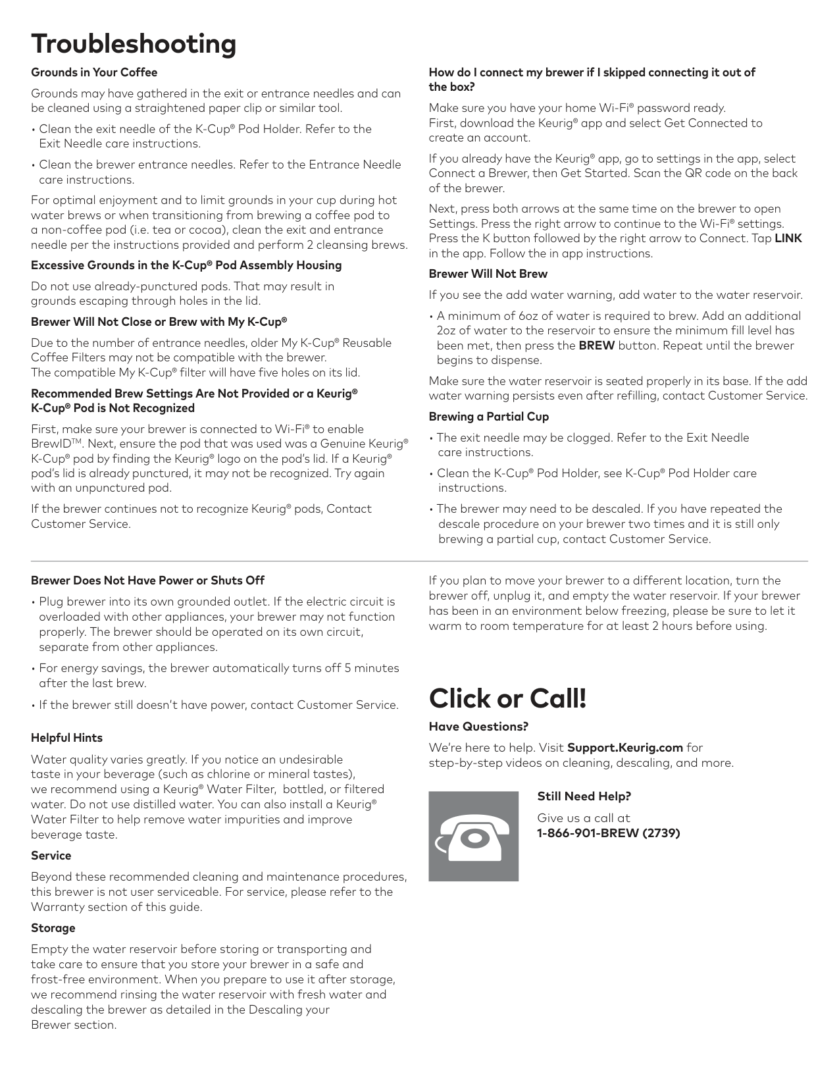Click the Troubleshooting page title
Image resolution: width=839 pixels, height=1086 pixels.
134,44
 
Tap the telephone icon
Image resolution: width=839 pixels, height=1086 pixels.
473,836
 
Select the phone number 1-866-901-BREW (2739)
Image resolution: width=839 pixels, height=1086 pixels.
608,833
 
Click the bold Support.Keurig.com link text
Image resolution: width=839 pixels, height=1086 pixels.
624,748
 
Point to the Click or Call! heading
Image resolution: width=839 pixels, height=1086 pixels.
507,698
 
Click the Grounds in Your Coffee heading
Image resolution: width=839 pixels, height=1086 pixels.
94,72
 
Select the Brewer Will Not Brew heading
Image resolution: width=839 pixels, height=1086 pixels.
488,274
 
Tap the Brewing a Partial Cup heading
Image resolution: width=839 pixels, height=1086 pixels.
488,417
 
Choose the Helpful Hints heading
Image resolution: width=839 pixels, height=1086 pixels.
66,738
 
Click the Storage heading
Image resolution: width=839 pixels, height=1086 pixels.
53,928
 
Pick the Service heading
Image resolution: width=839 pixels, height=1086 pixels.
51,856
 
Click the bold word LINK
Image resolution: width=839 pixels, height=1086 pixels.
788,238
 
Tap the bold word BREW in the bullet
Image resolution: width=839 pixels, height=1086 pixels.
596,346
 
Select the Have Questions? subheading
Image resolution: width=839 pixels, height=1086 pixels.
478,727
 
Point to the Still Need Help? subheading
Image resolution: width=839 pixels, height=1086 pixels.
584,796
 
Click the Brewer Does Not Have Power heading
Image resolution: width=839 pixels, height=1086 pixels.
147,581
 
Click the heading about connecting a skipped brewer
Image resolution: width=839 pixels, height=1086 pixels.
592,80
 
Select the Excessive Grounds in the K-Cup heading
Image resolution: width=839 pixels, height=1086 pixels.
186,265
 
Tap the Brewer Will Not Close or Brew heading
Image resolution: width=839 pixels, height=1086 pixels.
159,322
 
